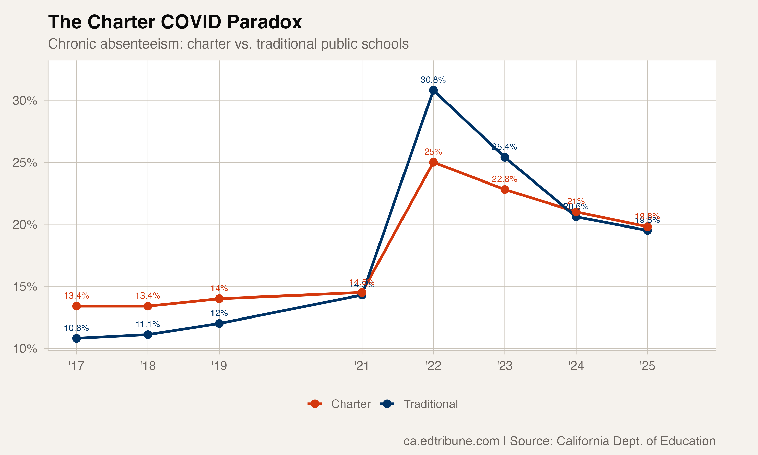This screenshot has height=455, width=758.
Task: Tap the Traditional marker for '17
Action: pyautogui.click(x=76, y=338)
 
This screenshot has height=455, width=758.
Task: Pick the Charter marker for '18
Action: pyautogui.click(x=148, y=306)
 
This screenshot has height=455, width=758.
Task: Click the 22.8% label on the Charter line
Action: pyautogui.click(x=504, y=179)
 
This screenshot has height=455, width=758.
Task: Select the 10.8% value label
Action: pyautogui.click(x=76, y=328)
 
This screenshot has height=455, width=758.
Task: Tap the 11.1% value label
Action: pyautogui.click(x=148, y=324)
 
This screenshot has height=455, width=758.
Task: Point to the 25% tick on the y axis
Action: pyautogui.click(x=25, y=163)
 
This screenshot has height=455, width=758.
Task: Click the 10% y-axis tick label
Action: pyautogui.click(x=25, y=349)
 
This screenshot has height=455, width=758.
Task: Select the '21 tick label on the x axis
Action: pyautogui.click(x=362, y=366)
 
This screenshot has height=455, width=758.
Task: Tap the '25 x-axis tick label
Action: pyautogui.click(x=647, y=366)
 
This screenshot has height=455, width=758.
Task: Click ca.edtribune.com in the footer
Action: pyautogui.click(x=451, y=441)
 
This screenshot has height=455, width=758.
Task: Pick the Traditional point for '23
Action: pyautogui.click(x=505, y=157)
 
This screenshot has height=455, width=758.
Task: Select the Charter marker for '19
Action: pyautogui.click(x=219, y=299)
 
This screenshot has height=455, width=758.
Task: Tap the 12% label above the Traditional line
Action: pyautogui.click(x=219, y=313)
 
